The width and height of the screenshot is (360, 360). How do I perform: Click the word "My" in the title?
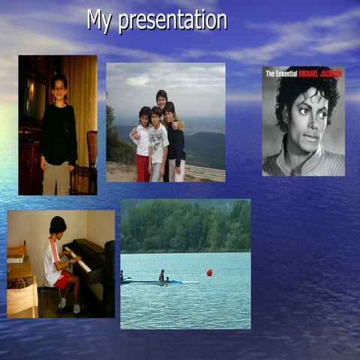100,20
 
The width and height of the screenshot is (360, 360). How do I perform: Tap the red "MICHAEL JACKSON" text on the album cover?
320,73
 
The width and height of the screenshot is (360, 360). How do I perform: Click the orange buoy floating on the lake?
209,272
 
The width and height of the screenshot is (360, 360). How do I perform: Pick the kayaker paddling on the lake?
161,277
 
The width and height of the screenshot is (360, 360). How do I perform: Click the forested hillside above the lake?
186,226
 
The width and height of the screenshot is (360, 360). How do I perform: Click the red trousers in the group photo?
142,168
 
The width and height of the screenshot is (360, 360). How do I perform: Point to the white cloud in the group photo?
138,79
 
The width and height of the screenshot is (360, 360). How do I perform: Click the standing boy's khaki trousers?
56,178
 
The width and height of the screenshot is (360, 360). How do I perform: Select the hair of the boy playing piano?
58,223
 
